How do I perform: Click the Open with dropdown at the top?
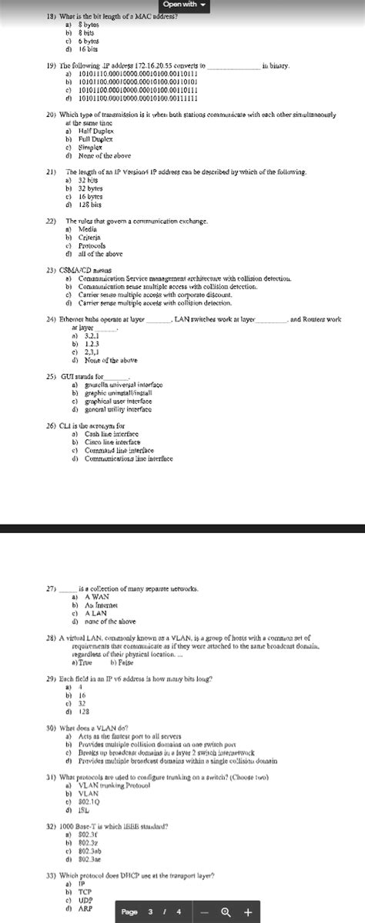coord(182,6)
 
